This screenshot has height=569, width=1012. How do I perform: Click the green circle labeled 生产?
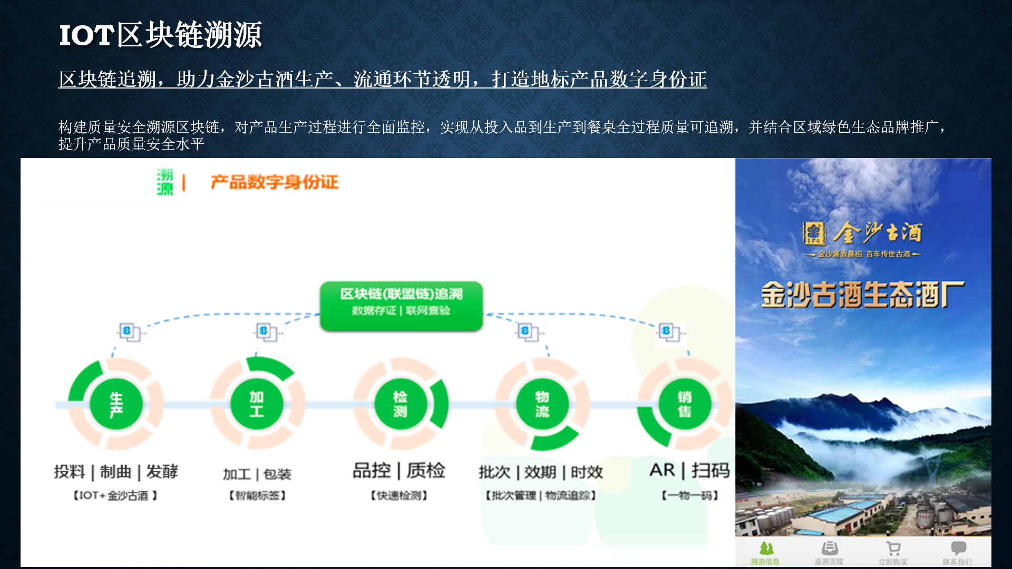[116, 404]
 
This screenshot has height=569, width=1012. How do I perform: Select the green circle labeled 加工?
[257, 404]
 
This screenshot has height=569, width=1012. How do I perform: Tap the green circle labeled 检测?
[400, 404]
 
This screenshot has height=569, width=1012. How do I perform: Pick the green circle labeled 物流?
[542, 404]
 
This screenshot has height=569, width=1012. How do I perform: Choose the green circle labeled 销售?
[684, 404]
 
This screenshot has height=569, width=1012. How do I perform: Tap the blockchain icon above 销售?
[669, 332]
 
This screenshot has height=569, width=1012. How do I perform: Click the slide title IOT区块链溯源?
[160, 35]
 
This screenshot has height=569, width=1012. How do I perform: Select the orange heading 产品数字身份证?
[274, 182]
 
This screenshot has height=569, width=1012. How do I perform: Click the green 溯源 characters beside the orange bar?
[165, 182]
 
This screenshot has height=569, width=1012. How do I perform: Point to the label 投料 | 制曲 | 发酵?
[116, 472]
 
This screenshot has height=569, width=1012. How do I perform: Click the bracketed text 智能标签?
[257, 496]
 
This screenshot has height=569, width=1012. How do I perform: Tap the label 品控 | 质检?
[399, 470]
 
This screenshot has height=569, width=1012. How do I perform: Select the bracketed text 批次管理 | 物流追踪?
[541, 496]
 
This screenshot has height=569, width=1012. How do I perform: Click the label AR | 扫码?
[689, 470]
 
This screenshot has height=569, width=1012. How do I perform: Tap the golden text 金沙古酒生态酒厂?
[863, 294]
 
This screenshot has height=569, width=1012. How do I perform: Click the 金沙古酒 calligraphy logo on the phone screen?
[863, 233]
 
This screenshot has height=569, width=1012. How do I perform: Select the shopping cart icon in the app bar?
[893, 549]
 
